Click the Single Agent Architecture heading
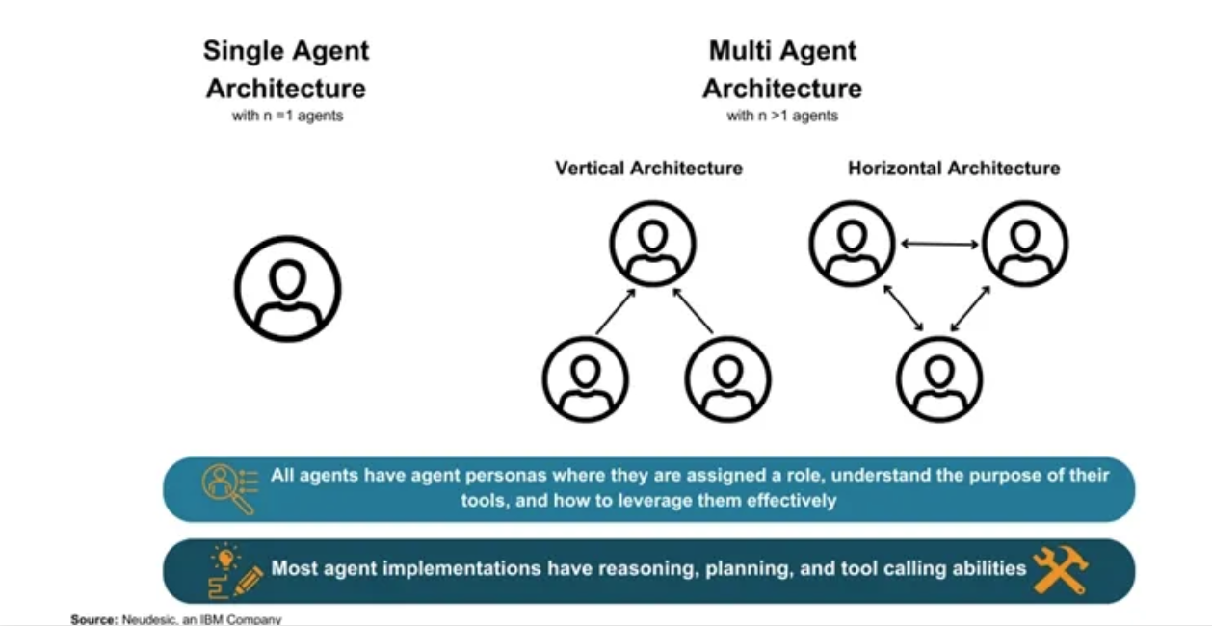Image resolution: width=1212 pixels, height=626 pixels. [286, 68]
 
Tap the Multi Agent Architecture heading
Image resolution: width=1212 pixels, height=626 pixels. [781, 68]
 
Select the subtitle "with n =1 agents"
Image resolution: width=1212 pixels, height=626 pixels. [286, 117]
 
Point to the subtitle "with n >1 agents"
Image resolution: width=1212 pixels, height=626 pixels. [781, 117]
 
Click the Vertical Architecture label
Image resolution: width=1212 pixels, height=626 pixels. [648, 169]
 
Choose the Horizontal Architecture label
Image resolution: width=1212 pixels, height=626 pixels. [954, 169]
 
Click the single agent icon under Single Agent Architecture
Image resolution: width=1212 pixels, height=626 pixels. [287, 288]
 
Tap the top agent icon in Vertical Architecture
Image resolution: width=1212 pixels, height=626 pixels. [652, 244]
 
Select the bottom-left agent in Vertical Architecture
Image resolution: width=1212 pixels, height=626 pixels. [585, 378]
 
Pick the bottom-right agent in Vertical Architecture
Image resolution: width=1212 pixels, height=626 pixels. [727, 378]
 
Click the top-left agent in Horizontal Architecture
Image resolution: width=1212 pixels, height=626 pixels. [853, 244]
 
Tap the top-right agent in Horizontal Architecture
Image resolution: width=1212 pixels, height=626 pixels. [1025, 244]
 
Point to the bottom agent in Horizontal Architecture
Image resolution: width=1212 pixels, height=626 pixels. [939, 378]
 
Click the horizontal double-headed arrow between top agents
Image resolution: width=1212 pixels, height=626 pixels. [939, 245]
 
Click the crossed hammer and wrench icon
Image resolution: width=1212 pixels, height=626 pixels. [1060, 570]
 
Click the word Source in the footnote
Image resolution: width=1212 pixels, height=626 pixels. [93, 619]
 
